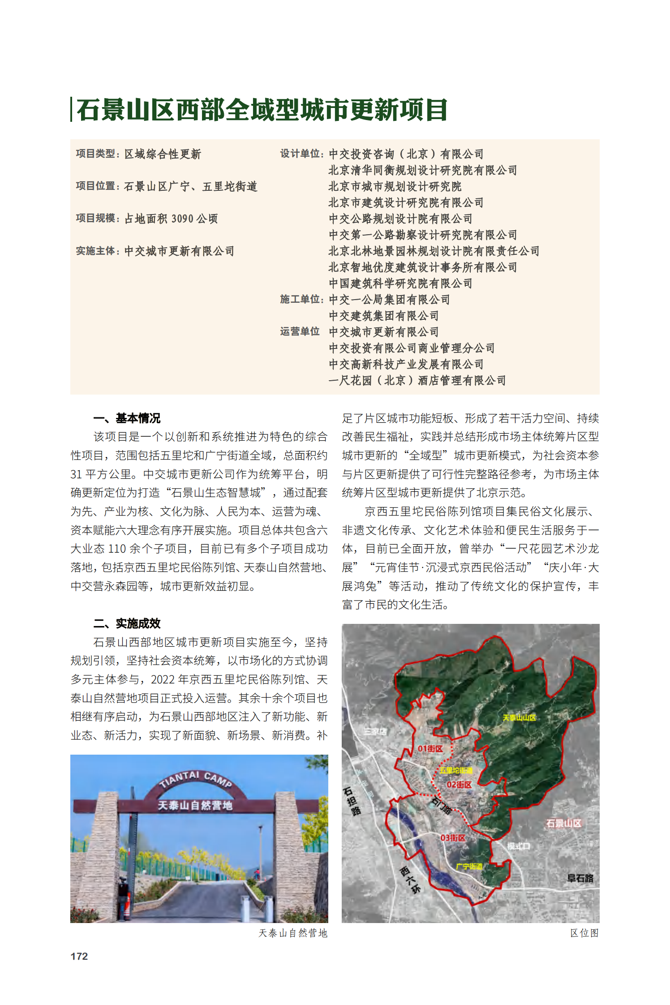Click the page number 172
click(79, 956)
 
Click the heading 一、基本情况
click(127, 418)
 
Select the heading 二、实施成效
click(127, 623)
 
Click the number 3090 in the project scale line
click(182, 219)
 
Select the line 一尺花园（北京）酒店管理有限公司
click(417, 380)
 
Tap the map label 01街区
click(430, 749)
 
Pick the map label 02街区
click(459, 785)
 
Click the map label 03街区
click(452, 837)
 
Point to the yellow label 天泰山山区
click(519, 717)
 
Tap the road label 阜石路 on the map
click(580, 878)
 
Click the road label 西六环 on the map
click(410, 880)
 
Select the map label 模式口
click(519, 846)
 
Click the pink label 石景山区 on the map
click(563, 823)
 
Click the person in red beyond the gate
click(257, 873)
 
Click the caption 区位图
click(584, 933)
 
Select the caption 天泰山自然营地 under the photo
click(293, 933)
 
